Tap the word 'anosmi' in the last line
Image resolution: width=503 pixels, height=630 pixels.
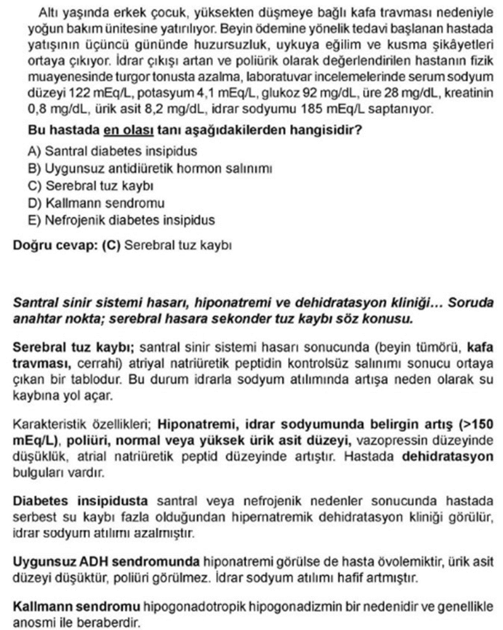(31, 621)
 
